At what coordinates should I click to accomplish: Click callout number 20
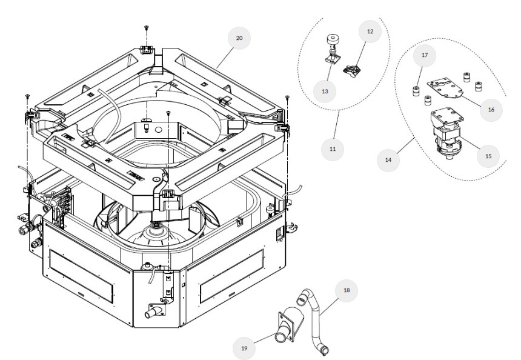(x=239, y=38)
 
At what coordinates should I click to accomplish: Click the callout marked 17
(x=423, y=56)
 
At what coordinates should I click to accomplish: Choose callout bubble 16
(x=491, y=110)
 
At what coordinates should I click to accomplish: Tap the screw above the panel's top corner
(x=147, y=28)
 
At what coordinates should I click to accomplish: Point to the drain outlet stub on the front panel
(x=153, y=313)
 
